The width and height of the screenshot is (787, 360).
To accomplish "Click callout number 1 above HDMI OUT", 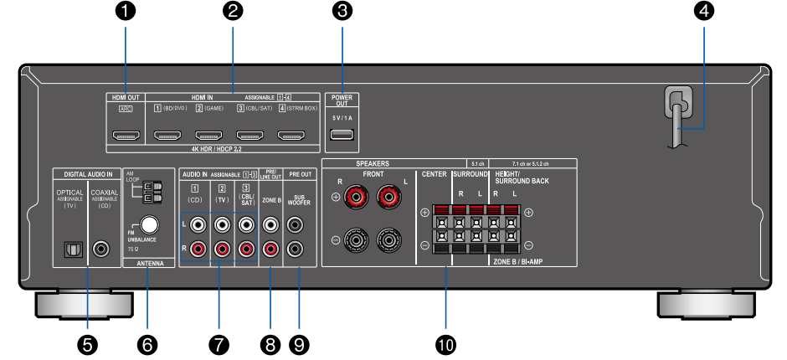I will pyautogui.click(x=125, y=12).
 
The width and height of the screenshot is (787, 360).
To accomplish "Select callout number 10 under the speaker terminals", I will pyautogui.click(x=445, y=342).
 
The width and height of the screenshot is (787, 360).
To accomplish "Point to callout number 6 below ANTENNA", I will pyautogui.click(x=148, y=342).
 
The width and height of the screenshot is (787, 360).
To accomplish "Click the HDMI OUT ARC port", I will pyautogui.click(x=125, y=136).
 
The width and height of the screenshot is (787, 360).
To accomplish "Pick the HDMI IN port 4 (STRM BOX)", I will pyautogui.click(x=296, y=136).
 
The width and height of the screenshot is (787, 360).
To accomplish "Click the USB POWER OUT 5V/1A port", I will pyautogui.click(x=341, y=136).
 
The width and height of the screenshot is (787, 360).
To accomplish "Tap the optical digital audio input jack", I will pyautogui.click(x=72, y=249).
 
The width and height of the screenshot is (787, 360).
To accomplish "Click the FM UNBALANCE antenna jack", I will pyautogui.click(x=151, y=225).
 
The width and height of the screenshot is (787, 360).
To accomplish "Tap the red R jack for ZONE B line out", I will pyautogui.click(x=271, y=249).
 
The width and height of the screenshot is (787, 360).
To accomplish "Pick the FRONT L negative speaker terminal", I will pyautogui.click(x=388, y=241).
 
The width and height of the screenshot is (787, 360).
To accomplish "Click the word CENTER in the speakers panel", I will pyautogui.click(x=433, y=175).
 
